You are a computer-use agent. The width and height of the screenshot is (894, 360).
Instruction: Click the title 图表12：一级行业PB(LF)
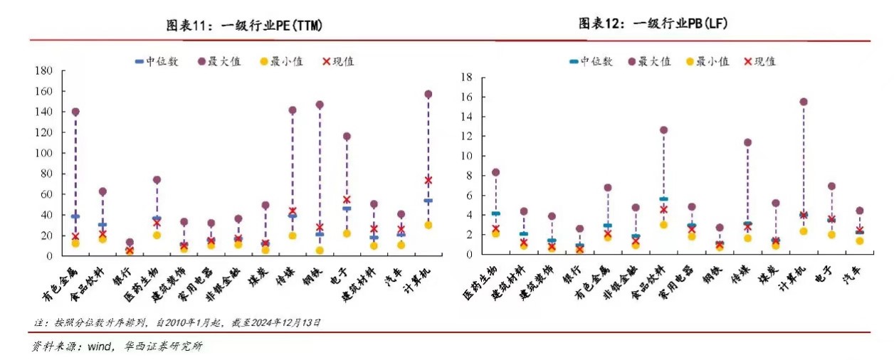[653, 24]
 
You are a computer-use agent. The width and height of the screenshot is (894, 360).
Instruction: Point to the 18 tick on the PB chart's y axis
[468, 77]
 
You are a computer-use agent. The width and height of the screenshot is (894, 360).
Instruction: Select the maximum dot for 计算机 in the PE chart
[428, 94]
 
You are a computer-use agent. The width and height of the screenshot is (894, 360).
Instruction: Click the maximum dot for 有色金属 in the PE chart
[75, 112]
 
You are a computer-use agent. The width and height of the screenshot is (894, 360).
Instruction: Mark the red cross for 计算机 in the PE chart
[428, 180]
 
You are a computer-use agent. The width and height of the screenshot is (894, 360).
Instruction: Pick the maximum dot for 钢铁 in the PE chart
[320, 105]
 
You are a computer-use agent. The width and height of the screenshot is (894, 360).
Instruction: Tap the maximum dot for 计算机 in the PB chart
[803, 102]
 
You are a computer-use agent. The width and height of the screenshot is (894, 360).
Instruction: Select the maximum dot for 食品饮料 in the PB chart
[663, 130]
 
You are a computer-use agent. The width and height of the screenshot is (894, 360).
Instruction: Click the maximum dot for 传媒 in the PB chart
[747, 142]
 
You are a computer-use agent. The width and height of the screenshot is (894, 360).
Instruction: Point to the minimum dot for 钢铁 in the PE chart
[320, 250]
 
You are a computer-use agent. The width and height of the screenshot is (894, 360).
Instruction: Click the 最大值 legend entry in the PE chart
[218, 61]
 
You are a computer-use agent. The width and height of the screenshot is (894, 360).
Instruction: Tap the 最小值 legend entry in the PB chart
[708, 61]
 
